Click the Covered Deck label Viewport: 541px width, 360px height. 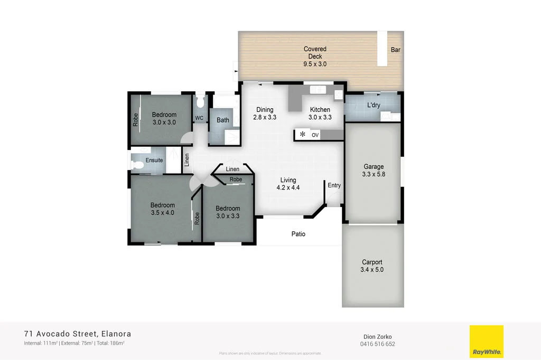[315, 56]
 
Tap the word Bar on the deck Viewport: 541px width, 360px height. [395, 50]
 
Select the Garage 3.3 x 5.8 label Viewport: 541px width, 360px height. [373, 170]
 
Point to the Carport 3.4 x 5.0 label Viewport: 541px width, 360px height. [372, 266]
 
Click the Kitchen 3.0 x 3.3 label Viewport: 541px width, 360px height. [320, 113]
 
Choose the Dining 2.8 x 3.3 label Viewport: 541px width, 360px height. [265, 113]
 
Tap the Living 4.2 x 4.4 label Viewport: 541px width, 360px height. [288, 183]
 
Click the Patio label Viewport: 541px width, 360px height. [299, 234]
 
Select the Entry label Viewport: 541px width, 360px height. [334, 185]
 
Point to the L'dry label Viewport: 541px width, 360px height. [374, 105]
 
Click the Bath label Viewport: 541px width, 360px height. [223, 120]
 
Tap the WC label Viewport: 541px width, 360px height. [199, 118]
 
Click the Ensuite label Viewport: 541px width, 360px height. [154, 160]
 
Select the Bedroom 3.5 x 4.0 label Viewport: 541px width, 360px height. [162, 209]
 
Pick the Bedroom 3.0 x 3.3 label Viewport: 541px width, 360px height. [228, 212]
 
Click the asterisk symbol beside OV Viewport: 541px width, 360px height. [303, 135]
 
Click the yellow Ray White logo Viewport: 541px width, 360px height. [486, 342]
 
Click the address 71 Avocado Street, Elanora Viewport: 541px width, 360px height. [78, 334]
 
